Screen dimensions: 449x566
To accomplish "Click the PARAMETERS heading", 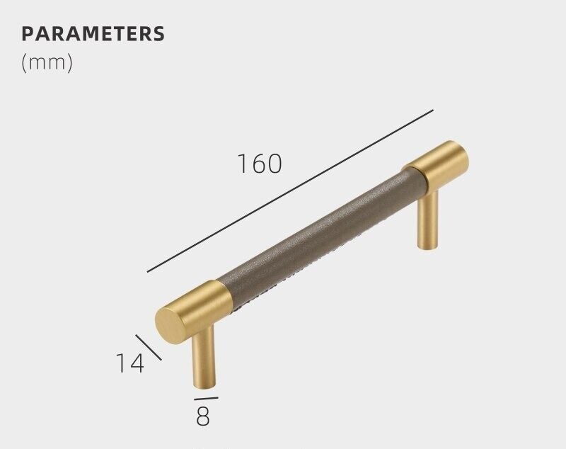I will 93,33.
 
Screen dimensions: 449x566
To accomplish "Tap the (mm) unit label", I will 47,62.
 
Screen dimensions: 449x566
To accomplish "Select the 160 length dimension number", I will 259,164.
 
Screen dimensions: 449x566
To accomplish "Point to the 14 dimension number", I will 129,363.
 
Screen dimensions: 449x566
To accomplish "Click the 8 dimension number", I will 203,416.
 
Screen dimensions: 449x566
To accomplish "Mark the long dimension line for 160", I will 290,191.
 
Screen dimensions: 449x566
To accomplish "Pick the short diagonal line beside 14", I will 149,347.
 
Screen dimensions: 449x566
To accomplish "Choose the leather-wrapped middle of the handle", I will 318,234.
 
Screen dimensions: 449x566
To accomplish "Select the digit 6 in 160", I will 259,164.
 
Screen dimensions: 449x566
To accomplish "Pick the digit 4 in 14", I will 136,363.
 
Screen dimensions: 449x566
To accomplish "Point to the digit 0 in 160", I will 274,164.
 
